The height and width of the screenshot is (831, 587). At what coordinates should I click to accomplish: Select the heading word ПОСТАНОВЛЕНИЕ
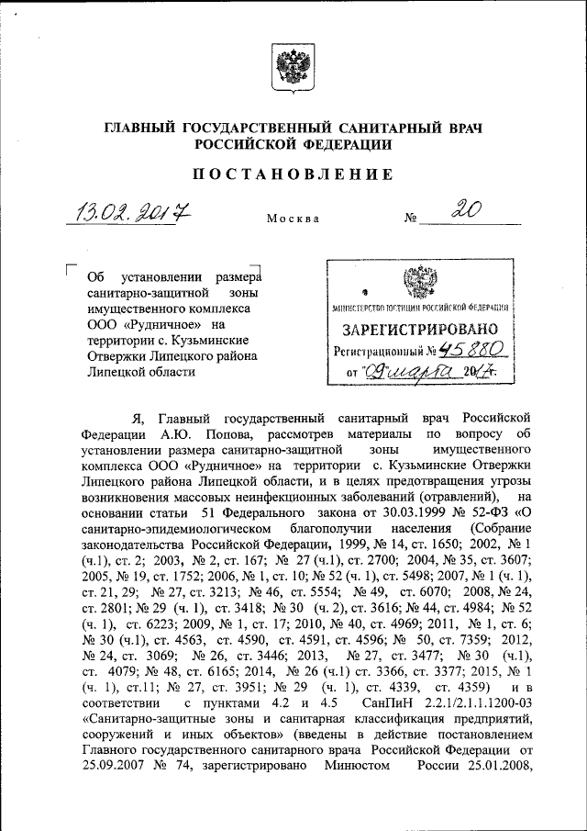[293, 174]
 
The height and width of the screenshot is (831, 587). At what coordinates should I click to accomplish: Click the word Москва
[293, 219]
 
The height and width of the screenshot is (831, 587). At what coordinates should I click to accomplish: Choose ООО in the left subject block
[99, 324]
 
